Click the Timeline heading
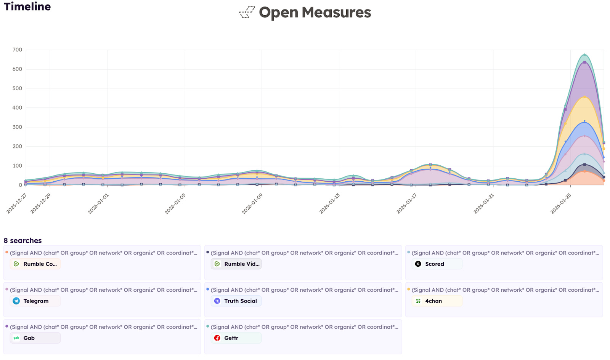tap(27, 7)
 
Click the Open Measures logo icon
tap(247, 12)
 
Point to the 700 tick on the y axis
tap(17, 50)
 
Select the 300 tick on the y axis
tap(17, 127)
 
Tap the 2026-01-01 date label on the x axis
tap(98, 204)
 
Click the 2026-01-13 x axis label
tap(329, 204)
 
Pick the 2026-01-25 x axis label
tap(561, 204)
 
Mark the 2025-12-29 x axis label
tap(40, 203)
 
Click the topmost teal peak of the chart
tap(584, 55)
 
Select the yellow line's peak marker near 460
tap(584, 97)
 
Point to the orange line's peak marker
tap(584, 171)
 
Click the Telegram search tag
tap(35, 301)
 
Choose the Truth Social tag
tap(236, 301)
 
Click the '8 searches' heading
tap(22, 240)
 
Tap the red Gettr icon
tap(217, 338)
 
